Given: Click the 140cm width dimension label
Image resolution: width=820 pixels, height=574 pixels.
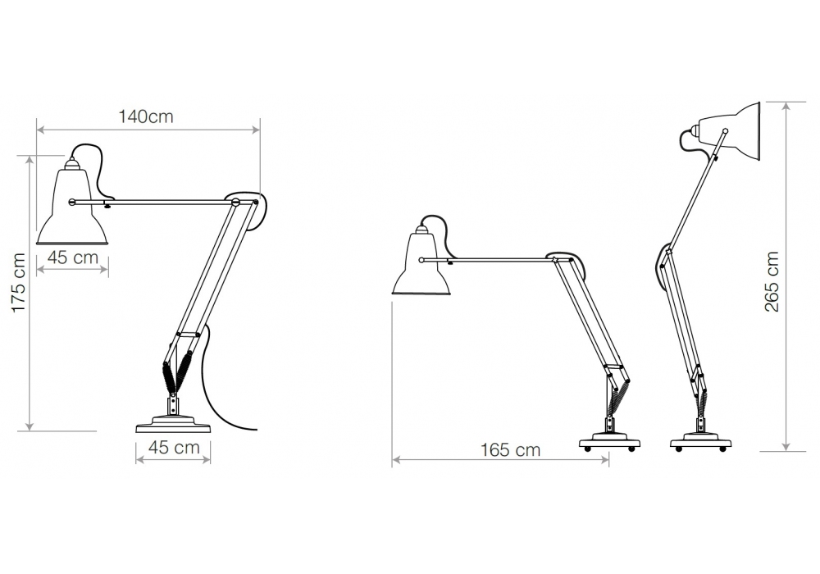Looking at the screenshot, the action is click(x=146, y=116).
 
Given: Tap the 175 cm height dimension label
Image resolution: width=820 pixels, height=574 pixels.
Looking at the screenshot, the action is click(x=19, y=283).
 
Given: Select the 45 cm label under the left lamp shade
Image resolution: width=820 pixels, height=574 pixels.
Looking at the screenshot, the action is click(x=73, y=257).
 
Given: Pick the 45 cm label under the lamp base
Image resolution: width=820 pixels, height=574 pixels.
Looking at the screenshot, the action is click(x=174, y=448).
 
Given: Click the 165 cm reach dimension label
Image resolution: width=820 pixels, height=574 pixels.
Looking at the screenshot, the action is click(x=510, y=449).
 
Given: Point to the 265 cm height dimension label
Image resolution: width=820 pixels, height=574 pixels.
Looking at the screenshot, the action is click(x=772, y=282).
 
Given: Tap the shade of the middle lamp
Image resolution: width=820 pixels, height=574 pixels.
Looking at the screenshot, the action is click(x=421, y=260).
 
